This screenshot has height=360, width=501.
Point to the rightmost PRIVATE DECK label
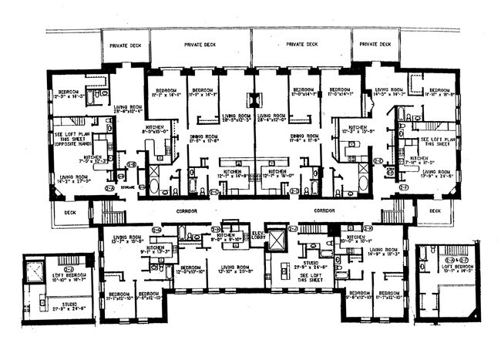click(375, 45)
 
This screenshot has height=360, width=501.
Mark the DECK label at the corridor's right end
click(435, 210)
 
